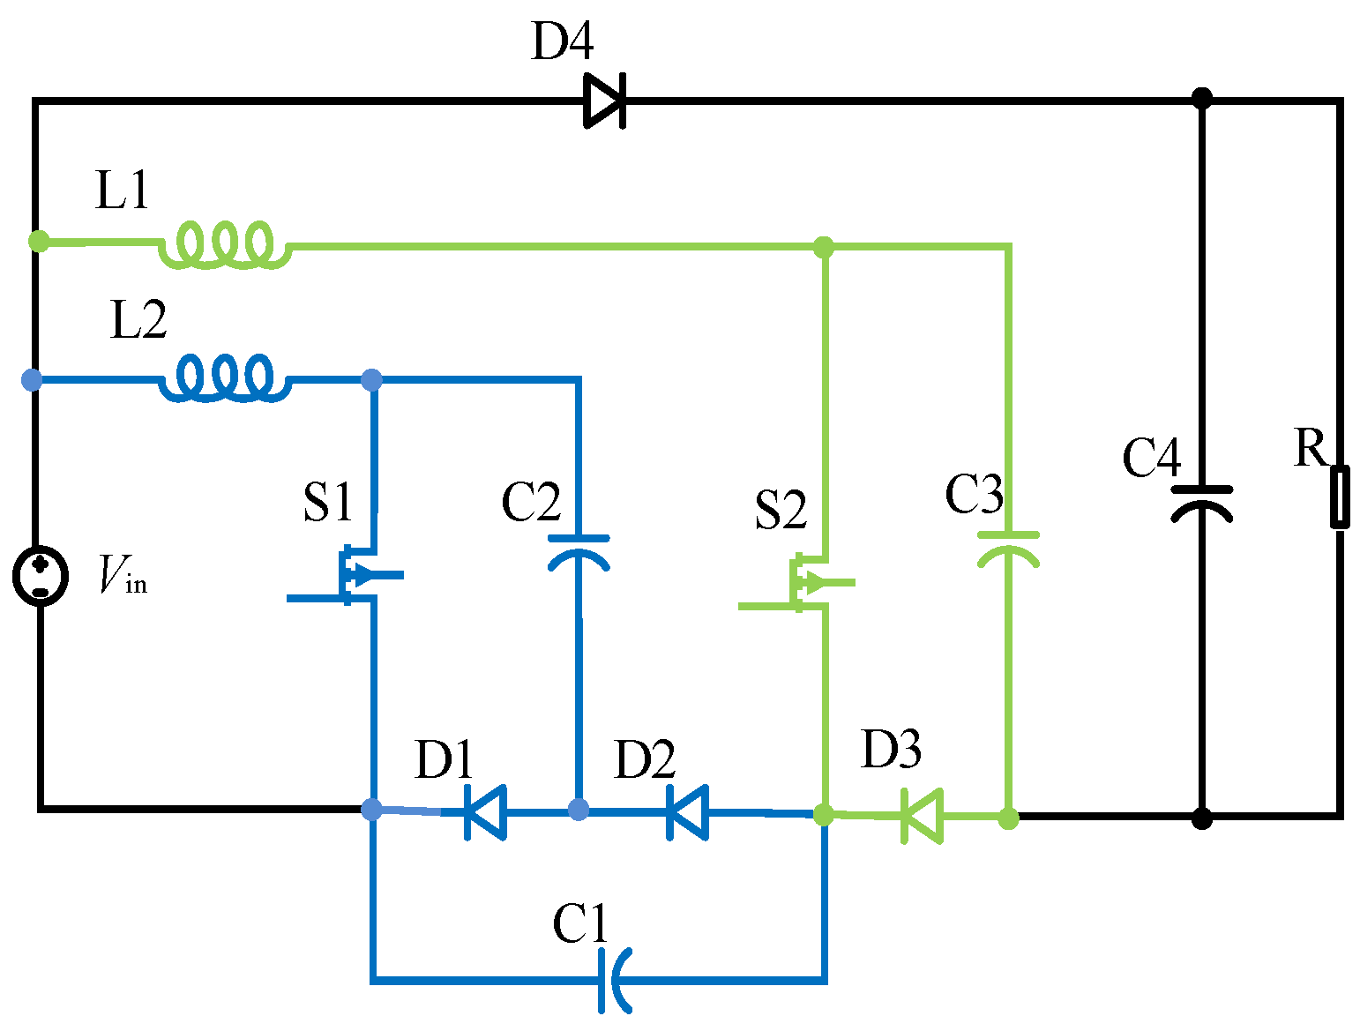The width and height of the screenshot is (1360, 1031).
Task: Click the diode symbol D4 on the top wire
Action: tap(605, 101)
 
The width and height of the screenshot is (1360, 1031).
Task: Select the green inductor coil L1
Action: tap(225, 243)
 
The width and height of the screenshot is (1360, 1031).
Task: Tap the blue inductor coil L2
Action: tap(225, 379)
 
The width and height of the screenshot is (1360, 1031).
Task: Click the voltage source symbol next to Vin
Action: tap(41, 575)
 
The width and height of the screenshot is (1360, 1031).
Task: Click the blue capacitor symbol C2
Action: tap(579, 552)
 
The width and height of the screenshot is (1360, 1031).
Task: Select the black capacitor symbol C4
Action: tap(1201, 503)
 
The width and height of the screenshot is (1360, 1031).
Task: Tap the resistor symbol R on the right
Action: tap(1339, 497)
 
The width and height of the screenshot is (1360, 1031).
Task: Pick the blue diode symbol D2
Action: tap(687, 811)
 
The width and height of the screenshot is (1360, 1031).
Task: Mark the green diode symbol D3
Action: tap(922, 816)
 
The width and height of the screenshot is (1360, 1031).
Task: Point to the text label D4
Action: tap(563, 41)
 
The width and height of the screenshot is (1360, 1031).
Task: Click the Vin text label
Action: tap(123, 575)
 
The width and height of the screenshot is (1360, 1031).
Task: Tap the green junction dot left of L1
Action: tap(39, 240)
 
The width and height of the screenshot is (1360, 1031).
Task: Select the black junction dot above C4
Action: tap(1201, 98)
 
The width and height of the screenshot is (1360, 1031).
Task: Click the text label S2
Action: tap(781, 510)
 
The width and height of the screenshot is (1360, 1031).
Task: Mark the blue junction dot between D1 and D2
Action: tap(578, 810)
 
